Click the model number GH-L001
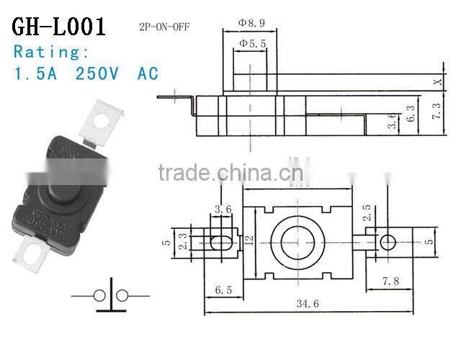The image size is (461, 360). point(58,26)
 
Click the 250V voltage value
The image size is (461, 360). point(99,73)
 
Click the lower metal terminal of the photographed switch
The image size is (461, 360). point(34,253)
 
